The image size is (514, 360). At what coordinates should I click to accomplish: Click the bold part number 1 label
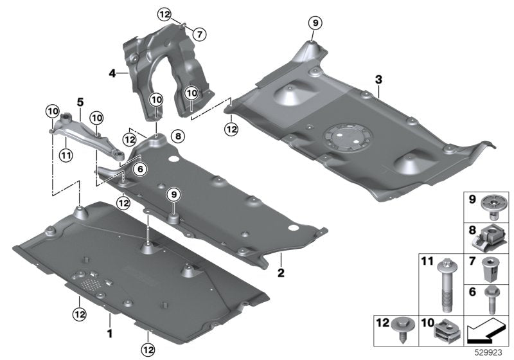point(110,334)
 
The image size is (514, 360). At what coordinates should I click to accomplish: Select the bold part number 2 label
point(281,273)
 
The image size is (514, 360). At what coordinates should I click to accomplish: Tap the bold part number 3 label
point(378,79)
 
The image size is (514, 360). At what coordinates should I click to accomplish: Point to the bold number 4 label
point(112,74)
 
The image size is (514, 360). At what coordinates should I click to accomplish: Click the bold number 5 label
point(80,102)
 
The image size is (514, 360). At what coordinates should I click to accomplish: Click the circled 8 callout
point(178,136)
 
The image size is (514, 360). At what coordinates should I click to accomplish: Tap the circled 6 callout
point(140,169)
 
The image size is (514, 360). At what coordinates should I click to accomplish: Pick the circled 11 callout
point(66,155)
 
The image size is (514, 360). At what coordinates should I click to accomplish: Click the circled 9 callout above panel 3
point(315,23)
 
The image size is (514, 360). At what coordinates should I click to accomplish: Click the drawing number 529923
point(489,353)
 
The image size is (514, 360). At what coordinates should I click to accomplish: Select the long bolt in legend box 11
point(446,285)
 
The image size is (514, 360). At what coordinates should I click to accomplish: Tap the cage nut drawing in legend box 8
point(490,240)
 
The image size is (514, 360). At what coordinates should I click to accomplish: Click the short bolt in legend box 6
point(491,300)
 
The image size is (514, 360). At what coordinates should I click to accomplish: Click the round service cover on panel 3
point(348,137)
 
